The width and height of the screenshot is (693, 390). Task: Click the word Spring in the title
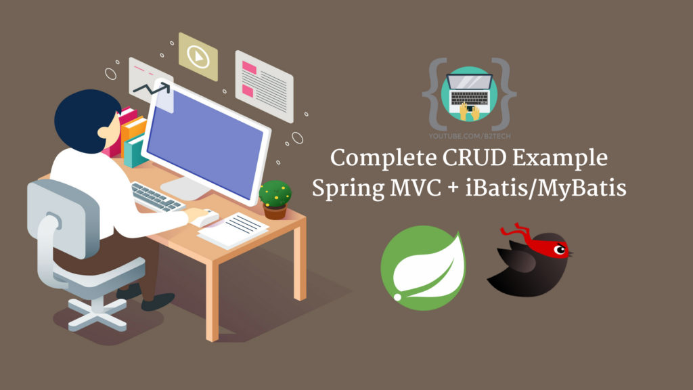point(348,189)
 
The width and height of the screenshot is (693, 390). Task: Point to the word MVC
point(416,188)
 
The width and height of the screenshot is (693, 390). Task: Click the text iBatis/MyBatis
point(546,188)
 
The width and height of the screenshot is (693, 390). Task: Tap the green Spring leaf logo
point(423,268)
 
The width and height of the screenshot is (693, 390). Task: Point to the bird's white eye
point(560,251)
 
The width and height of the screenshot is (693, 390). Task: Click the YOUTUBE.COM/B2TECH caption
point(470,136)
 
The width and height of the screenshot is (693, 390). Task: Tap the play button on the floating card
point(198,57)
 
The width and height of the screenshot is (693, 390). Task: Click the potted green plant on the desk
point(275,200)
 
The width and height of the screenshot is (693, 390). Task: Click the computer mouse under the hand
point(206,217)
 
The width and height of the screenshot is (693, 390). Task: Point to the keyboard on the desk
point(157,197)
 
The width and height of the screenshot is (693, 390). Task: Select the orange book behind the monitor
point(133,131)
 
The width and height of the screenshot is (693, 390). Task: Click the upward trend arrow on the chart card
point(151,89)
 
